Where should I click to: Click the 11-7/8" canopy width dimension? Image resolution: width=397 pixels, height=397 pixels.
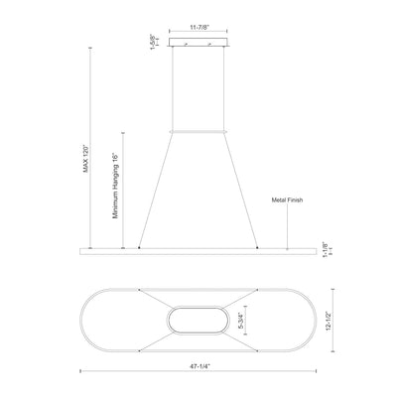pyautogui.click(x=198, y=28)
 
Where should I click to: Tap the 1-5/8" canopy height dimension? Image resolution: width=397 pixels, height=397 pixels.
pyautogui.click(x=153, y=42)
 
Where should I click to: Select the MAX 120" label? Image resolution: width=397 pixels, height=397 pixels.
pyautogui.click(x=86, y=158)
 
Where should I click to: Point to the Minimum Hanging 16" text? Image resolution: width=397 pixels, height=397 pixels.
pyautogui.click(x=115, y=186)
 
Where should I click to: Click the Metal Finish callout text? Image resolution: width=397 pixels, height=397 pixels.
pyautogui.click(x=287, y=199)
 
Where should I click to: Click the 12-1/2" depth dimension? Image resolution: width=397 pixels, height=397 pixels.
pyautogui.click(x=329, y=322)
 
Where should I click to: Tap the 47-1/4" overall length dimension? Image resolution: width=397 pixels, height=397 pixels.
pyautogui.click(x=199, y=366)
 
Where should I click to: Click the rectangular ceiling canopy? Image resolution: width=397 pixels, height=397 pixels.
pyautogui.click(x=198, y=42)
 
